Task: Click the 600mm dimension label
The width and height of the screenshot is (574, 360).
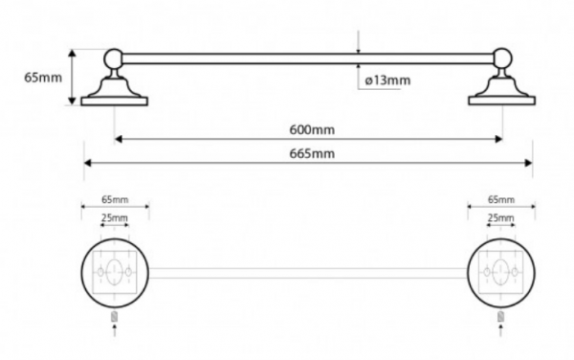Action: (312, 129)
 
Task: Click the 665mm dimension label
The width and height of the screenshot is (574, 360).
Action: (312, 153)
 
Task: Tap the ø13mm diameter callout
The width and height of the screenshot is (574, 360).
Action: (387, 80)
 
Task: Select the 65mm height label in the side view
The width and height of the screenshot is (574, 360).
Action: (43, 78)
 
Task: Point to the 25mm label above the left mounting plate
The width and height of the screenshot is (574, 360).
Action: (115, 218)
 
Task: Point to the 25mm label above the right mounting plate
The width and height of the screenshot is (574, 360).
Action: (500, 218)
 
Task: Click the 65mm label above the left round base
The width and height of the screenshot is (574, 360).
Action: (115, 199)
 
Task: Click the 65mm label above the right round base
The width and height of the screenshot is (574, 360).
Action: (501, 199)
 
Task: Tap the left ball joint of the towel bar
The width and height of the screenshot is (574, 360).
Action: (114, 58)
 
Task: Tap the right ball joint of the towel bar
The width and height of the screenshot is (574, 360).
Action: (502, 57)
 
